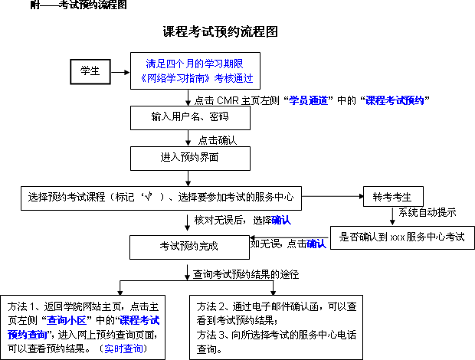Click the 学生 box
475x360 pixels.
point(90,70)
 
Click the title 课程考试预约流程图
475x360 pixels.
point(219,32)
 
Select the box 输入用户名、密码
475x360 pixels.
point(189,117)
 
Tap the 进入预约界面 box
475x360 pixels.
point(189,158)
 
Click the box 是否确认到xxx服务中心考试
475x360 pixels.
point(401,237)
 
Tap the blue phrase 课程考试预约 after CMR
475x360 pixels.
point(395,100)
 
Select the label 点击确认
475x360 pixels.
point(217,140)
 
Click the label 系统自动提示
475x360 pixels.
point(427,213)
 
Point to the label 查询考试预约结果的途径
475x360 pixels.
point(245,273)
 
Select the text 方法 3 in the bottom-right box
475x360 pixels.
point(212,334)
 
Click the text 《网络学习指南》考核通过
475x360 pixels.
point(196,78)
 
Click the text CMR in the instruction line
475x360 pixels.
point(227,100)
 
